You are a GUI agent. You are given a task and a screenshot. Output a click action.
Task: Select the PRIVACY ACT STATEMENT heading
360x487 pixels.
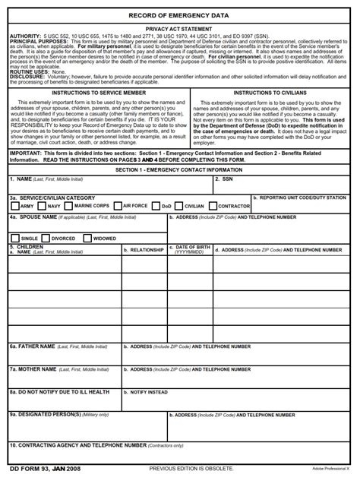tap(179, 28)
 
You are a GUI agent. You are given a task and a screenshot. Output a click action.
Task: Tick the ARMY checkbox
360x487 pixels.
tap(15, 206)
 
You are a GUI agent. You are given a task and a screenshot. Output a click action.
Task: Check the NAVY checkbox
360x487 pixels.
tap(43, 206)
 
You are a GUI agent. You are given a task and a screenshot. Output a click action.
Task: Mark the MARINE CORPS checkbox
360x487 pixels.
tap(70, 206)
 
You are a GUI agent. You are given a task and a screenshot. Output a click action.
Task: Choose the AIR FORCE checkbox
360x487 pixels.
tap(118, 206)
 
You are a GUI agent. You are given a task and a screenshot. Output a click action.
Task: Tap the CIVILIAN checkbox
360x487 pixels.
tap(179, 206)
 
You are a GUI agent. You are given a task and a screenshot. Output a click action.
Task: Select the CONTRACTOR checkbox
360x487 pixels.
tap(213, 206)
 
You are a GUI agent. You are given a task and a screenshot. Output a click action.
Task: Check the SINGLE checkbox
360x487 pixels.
tap(15, 238)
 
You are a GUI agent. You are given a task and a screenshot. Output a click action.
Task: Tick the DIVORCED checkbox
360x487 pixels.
tap(46, 238)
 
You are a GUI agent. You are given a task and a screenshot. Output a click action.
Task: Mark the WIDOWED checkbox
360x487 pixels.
tap(87, 238)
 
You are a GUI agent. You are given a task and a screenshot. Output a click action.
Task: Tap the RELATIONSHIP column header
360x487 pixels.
tap(144, 250)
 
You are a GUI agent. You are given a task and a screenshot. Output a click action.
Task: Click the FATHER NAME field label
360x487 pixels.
tap(32, 346)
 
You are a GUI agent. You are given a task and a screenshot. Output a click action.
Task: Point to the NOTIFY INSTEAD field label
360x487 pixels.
tap(148, 393)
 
